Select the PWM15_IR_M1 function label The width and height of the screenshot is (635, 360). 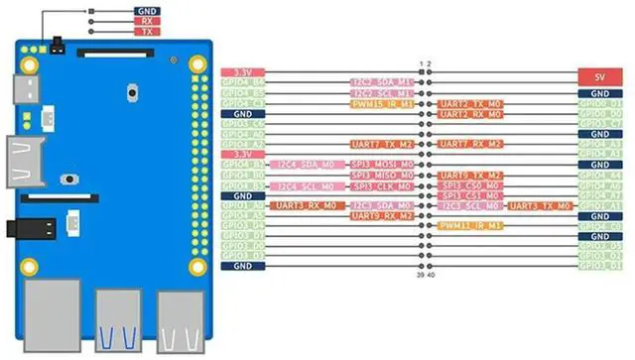coord(382,103)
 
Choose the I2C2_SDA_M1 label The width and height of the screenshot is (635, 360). coord(382,82)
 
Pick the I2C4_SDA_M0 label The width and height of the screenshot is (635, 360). coord(303,165)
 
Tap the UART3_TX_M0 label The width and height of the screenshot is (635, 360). coord(540,205)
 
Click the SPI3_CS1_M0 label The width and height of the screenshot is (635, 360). coord(469,195)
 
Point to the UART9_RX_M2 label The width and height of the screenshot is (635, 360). coord(382,216)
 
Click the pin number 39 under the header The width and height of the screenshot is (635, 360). coord(421,277)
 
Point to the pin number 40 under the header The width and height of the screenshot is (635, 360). coord(431,277)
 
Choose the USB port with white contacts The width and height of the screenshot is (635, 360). coord(179,319)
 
